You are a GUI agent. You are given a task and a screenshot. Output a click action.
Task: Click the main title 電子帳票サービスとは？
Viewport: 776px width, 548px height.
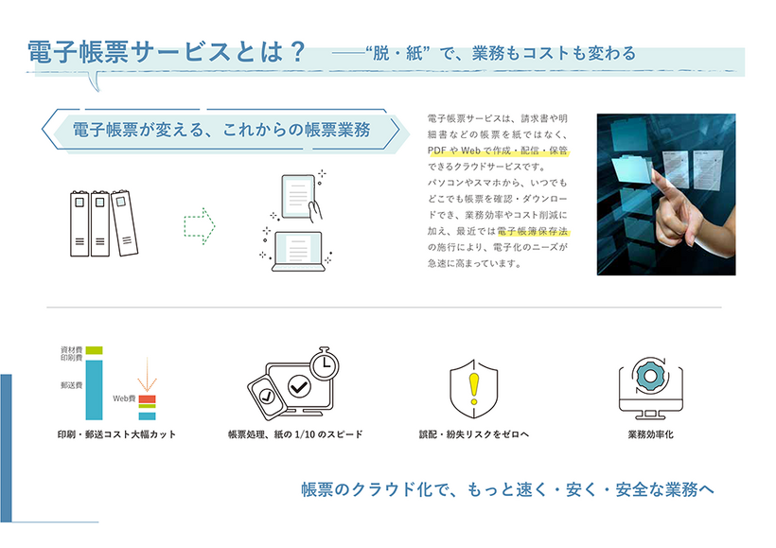[x=167, y=52]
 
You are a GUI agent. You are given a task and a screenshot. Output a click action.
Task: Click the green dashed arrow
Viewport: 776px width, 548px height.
[x=200, y=226]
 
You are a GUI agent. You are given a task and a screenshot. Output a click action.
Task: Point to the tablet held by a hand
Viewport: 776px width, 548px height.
[x=296, y=196]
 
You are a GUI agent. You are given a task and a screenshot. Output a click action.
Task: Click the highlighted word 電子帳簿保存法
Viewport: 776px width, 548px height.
[x=538, y=232]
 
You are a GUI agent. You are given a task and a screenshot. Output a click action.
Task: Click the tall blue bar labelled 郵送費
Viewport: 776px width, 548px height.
[x=94, y=388]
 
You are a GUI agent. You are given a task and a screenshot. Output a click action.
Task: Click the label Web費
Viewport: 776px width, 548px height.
[x=125, y=399]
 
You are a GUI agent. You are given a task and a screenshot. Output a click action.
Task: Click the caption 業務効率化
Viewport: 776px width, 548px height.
[x=650, y=434]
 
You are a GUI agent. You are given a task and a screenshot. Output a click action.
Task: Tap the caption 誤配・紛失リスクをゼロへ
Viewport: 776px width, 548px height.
[x=473, y=434]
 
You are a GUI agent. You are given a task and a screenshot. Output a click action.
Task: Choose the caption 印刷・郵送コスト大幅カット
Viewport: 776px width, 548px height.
[x=116, y=434]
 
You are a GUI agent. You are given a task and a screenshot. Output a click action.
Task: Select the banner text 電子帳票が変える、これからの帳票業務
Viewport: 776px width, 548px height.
[x=220, y=130]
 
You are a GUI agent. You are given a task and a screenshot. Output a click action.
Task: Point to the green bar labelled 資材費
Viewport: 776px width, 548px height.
[x=94, y=351]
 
